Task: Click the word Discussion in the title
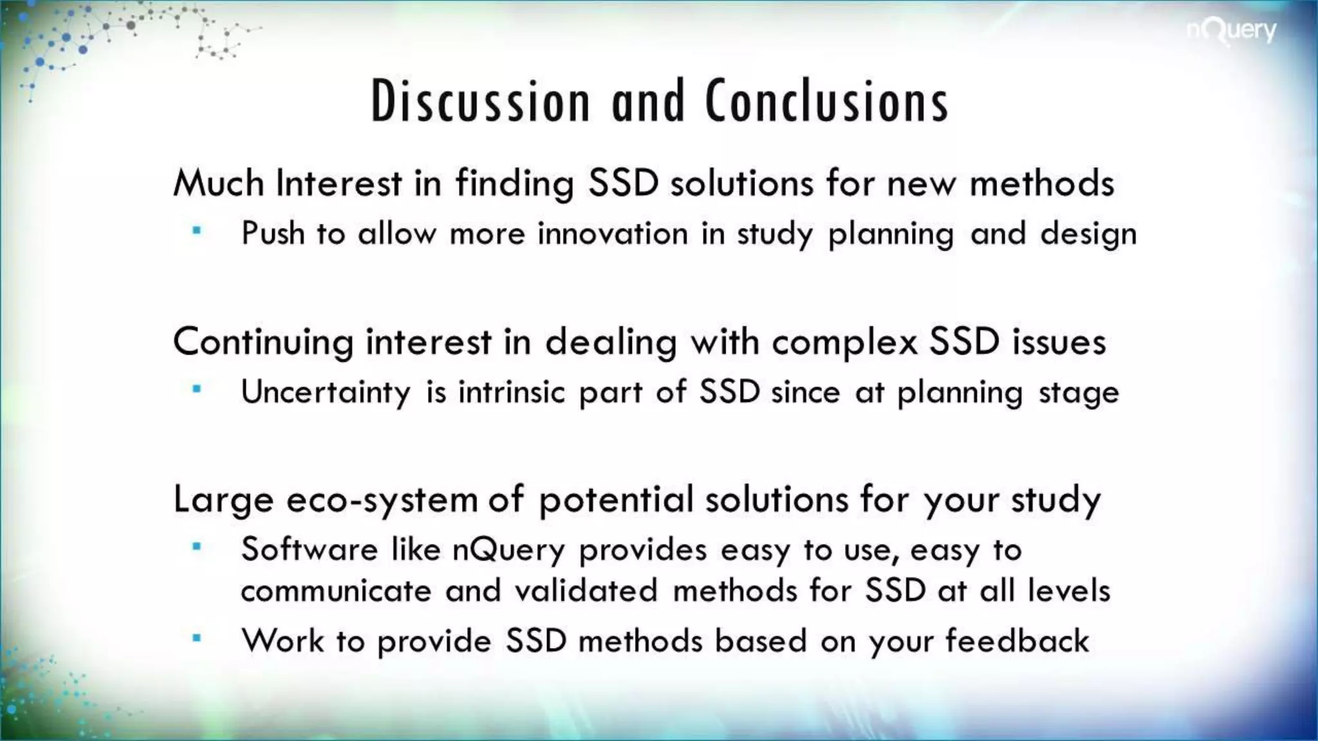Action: click(x=480, y=102)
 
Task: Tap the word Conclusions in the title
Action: click(x=827, y=102)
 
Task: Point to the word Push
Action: click(x=272, y=233)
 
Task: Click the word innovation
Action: click(x=613, y=233)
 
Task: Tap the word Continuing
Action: click(x=263, y=342)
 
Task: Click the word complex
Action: click(x=844, y=342)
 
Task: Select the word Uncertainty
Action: click(x=326, y=392)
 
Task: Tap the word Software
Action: click(x=309, y=550)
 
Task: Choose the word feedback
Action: click(x=1017, y=641)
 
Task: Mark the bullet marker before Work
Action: click(x=197, y=639)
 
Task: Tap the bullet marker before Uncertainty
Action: click(x=197, y=389)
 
